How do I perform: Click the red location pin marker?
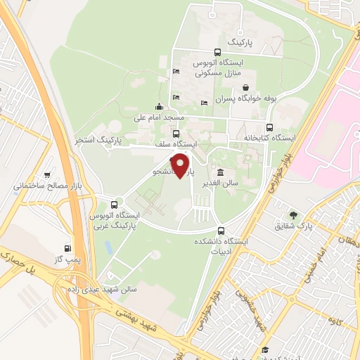point(182,166)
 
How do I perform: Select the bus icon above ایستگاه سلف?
point(175,134)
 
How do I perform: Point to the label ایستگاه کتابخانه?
point(268,138)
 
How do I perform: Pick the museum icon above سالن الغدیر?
point(221,173)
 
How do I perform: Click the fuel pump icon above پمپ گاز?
point(67,247)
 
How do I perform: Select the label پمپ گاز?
point(67,260)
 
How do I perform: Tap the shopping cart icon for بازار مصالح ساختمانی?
point(46,175)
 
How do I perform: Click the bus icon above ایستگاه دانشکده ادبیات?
point(221,231)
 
